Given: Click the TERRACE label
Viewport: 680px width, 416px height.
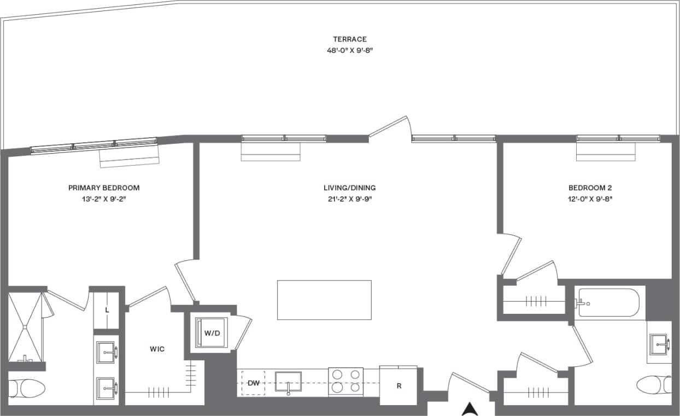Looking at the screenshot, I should coord(349,39).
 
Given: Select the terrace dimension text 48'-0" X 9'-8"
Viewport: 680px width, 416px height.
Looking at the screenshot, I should coord(349,50).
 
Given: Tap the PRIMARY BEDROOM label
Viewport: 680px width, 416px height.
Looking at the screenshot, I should coord(104,188).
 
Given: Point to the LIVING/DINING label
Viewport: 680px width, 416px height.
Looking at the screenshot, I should coord(349,188).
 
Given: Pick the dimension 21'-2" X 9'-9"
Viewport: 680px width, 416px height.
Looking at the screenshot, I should coord(349,198).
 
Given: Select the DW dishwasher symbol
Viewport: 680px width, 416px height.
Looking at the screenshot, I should coord(253,383).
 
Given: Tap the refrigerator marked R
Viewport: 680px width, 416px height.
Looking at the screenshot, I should coord(399,385).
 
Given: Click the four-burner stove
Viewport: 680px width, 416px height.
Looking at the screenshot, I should coord(345,381).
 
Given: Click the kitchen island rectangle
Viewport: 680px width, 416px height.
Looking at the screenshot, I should coord(324,300).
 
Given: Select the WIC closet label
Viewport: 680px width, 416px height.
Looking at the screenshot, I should coord(157,349).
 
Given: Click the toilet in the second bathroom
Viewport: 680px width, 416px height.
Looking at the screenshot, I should coord(654,384).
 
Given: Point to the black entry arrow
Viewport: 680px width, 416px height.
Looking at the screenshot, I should coord(470,408).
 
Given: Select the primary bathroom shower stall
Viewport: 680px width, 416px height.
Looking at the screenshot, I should coord(25,326).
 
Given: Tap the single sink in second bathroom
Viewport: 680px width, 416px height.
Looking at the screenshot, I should coord(660,344).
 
